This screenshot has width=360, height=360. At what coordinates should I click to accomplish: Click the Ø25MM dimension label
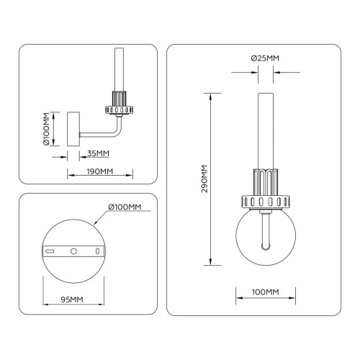click(265, 58)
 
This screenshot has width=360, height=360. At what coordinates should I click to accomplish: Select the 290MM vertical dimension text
click(204, 179)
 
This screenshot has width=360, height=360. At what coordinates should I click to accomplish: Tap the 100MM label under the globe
click(266, 292)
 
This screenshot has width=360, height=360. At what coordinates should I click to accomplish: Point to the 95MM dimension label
click(72, 300)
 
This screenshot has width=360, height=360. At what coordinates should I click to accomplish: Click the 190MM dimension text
click(100, 171)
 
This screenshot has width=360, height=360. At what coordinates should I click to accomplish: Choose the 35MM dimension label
click(98, 153)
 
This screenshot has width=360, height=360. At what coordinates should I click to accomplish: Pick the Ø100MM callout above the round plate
click(125, 207)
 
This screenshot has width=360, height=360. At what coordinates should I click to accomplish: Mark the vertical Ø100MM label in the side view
click(46, 129)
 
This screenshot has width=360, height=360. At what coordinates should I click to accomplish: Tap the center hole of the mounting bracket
click(73, 251)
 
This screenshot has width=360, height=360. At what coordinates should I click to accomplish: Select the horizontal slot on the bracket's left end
click(50, 251)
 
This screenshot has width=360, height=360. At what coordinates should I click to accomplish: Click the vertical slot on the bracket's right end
click(97, 251)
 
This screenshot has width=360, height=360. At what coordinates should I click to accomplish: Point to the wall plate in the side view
click(73, 129)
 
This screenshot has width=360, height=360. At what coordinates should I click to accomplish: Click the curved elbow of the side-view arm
click(117, 132)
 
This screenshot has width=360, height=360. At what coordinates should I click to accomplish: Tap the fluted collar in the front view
click(266, 182)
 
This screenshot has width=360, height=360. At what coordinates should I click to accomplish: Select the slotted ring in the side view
click(119, 110)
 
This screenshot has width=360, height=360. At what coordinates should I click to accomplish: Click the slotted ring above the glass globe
click(266, 202)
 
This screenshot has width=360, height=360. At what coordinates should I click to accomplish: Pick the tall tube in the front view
click(266, 131)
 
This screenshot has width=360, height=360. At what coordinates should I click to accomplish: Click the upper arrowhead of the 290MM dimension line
click(210, 96)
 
